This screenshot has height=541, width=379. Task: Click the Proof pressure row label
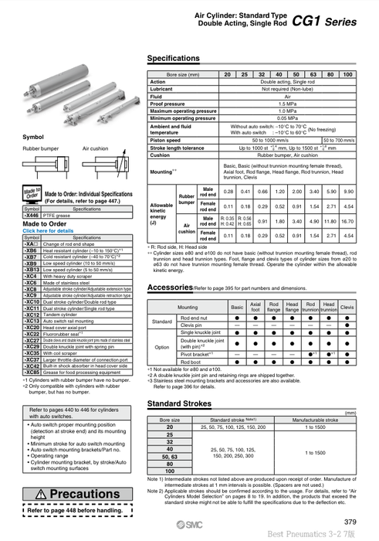(168, 102)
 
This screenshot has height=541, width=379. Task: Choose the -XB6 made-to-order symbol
(32, 251)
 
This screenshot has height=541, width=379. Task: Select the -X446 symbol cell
(32, 215)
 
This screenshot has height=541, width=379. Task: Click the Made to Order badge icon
(32, 193)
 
